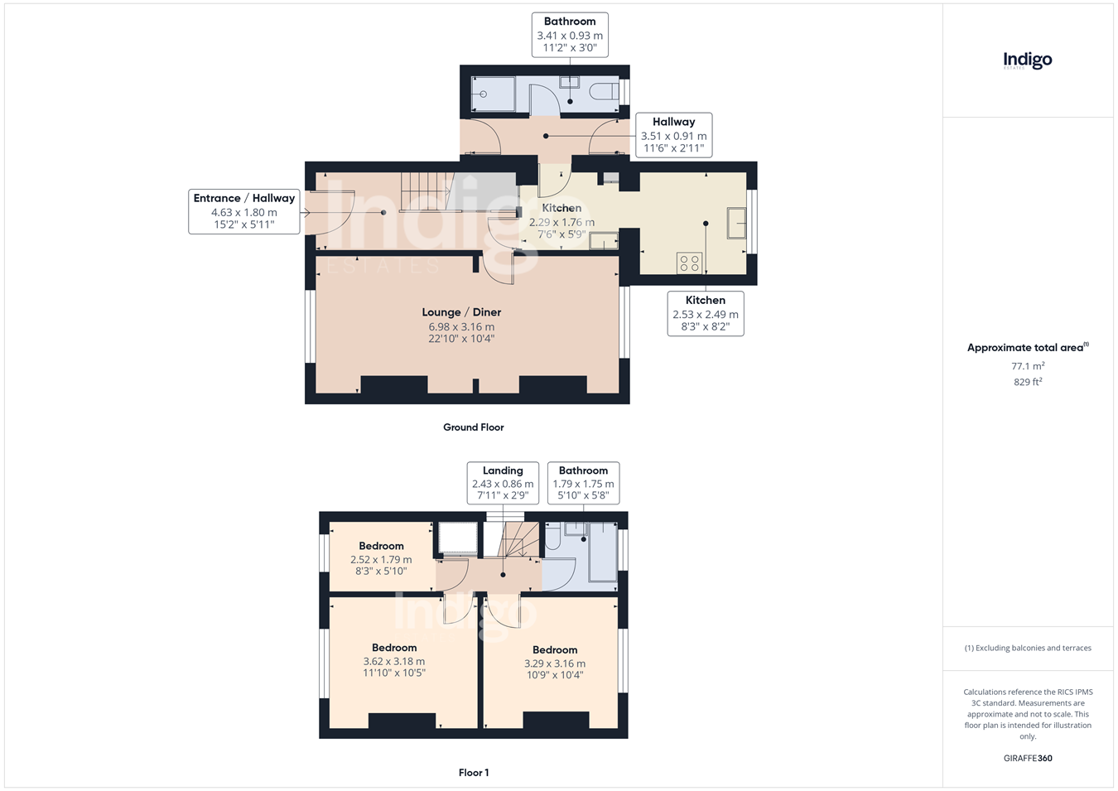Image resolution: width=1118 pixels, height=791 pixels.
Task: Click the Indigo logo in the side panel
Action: (1027, 61)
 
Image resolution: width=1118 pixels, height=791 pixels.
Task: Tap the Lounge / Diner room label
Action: (461, 312)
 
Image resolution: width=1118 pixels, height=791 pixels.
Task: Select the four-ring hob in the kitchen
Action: (689, 263)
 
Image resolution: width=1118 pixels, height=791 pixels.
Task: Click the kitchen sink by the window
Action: (736, 223)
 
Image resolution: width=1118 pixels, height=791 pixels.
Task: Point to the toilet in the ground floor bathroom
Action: (604, 92)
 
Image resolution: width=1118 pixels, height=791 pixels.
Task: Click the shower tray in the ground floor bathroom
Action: (493, 94)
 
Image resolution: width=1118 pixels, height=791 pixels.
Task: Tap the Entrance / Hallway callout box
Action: (244, 211)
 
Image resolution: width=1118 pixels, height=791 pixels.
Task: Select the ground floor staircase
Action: (426, 192)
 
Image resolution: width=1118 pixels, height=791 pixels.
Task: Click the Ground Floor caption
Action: (473, 427)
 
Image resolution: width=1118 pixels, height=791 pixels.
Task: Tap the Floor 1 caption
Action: (474, 773)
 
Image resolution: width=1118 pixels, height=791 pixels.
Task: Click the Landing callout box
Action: (503, 483)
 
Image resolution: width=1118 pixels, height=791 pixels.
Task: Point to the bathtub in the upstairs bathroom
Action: (603, 552)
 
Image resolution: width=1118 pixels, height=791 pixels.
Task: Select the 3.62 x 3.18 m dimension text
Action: (394, 661)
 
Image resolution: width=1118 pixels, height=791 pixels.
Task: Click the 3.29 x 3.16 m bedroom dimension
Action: (555, 663)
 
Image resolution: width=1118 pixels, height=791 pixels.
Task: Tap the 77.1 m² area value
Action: (1028, 366)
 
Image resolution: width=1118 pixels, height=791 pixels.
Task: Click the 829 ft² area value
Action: (1028, 382)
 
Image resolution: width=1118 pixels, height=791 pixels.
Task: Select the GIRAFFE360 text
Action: (1028, 758)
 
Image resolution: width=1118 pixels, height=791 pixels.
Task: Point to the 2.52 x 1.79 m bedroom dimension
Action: (381, 559)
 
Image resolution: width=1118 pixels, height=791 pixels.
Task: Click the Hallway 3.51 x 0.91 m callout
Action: (674, 135)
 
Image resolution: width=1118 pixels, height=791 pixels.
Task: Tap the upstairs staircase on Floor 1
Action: (518, 539)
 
